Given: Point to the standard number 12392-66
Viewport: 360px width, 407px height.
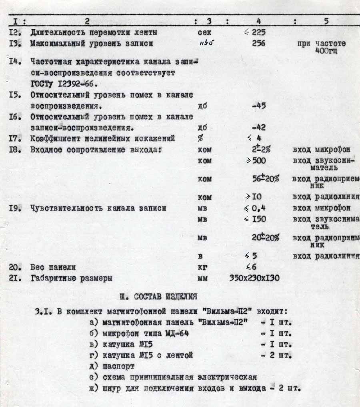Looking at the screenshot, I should pos(74,84).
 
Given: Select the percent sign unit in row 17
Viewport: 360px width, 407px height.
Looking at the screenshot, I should pos(200,139).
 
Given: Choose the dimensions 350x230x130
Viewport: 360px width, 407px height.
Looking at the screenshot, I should pos(254,278).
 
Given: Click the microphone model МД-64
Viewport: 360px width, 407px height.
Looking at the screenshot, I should pos(176,333).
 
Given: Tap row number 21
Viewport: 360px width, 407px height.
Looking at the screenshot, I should pos(15,278).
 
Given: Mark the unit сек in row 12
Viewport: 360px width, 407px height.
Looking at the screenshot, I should pos(204,32).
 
